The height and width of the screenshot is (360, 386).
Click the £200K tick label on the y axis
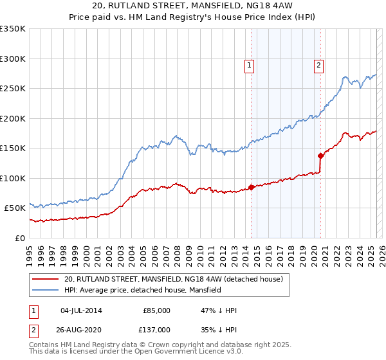(x=12, y=119)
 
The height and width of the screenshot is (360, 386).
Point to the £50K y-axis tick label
(x=14, y=208)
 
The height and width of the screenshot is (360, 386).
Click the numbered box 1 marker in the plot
(x=249, y=64)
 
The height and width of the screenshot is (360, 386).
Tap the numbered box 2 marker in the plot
(x=319, y=64)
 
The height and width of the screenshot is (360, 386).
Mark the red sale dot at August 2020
(x=320, y=156)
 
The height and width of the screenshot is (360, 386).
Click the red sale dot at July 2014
(x=251, y=187)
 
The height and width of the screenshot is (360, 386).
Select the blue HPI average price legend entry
(x=142, y=290)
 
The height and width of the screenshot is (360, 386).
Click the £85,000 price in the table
(x=156, y=310)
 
